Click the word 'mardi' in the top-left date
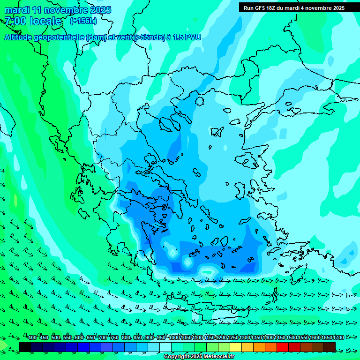tap(16, 10)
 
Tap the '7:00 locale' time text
tap(33, 21)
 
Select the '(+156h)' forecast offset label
tap(83, 21)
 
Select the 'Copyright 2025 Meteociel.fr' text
tap(199, 356)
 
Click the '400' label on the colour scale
tap(32, 337)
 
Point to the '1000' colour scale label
tap(175, 337)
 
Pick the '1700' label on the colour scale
tap(338, 337)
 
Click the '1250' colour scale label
tap(233, 337)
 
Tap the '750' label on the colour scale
tap(114, 337)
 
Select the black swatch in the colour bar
tap(25, 347)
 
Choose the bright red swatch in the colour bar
tap(283, 347)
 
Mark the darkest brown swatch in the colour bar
tap(330, 347)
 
